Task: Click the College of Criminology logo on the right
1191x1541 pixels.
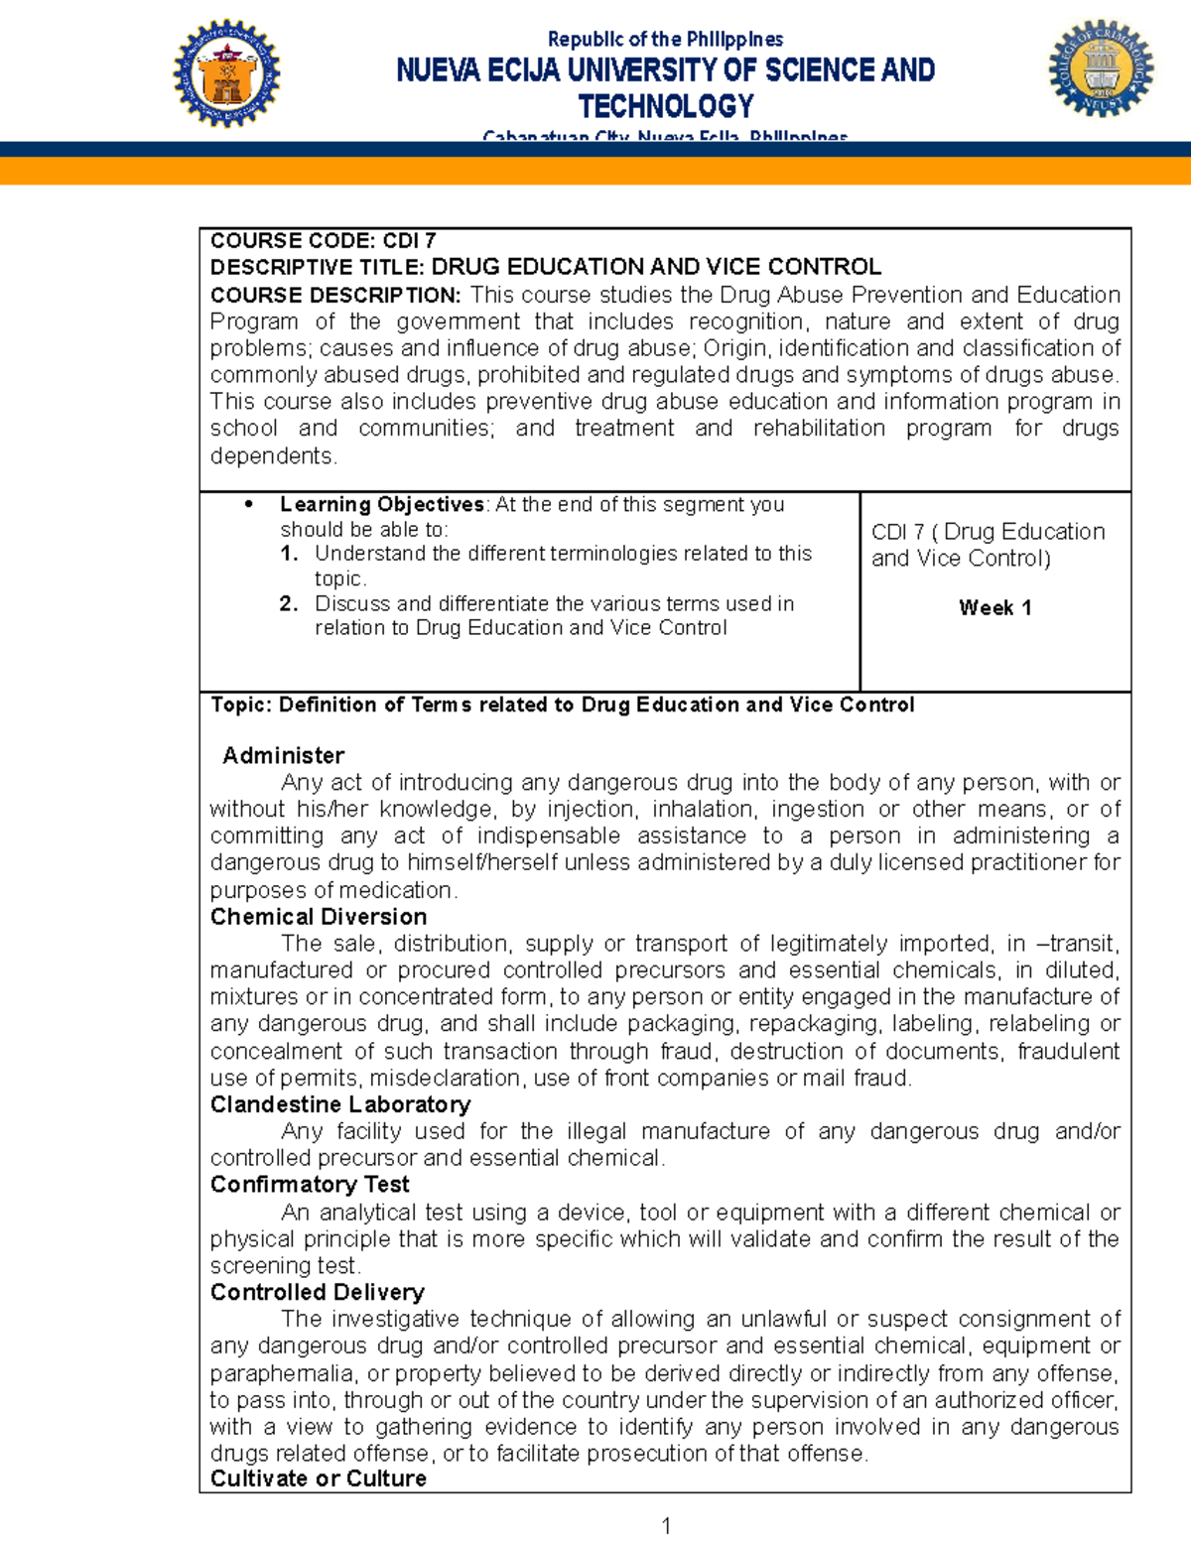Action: click(1101, 68)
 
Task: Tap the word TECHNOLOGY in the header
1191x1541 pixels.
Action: click(666, 106)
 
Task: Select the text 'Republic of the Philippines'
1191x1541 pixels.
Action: click(665, 40)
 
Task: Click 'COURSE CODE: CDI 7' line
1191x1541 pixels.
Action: click(323, 241)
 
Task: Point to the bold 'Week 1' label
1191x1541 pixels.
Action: click(994, 608)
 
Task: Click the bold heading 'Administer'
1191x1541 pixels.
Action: click(284, 756)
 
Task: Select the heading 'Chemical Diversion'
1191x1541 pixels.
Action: click(319, 917)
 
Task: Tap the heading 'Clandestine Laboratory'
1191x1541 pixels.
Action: click(340, 1104)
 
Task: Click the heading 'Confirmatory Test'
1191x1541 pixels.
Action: click(310, 1185)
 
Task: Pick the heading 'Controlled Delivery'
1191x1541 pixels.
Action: click(318, 1292)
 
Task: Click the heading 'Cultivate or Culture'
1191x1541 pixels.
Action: click(319, 1478)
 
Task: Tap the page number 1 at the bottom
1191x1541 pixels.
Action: click(666, 1526)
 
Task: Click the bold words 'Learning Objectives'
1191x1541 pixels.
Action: click(382, 504)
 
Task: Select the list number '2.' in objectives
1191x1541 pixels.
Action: click(289, 603)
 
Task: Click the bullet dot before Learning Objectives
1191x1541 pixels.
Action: click(249, 504)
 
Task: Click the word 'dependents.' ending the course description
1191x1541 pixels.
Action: click(274, 456)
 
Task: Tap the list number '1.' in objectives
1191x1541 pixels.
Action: click(289, 554)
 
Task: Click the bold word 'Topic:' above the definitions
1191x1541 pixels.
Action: click(241, 705)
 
